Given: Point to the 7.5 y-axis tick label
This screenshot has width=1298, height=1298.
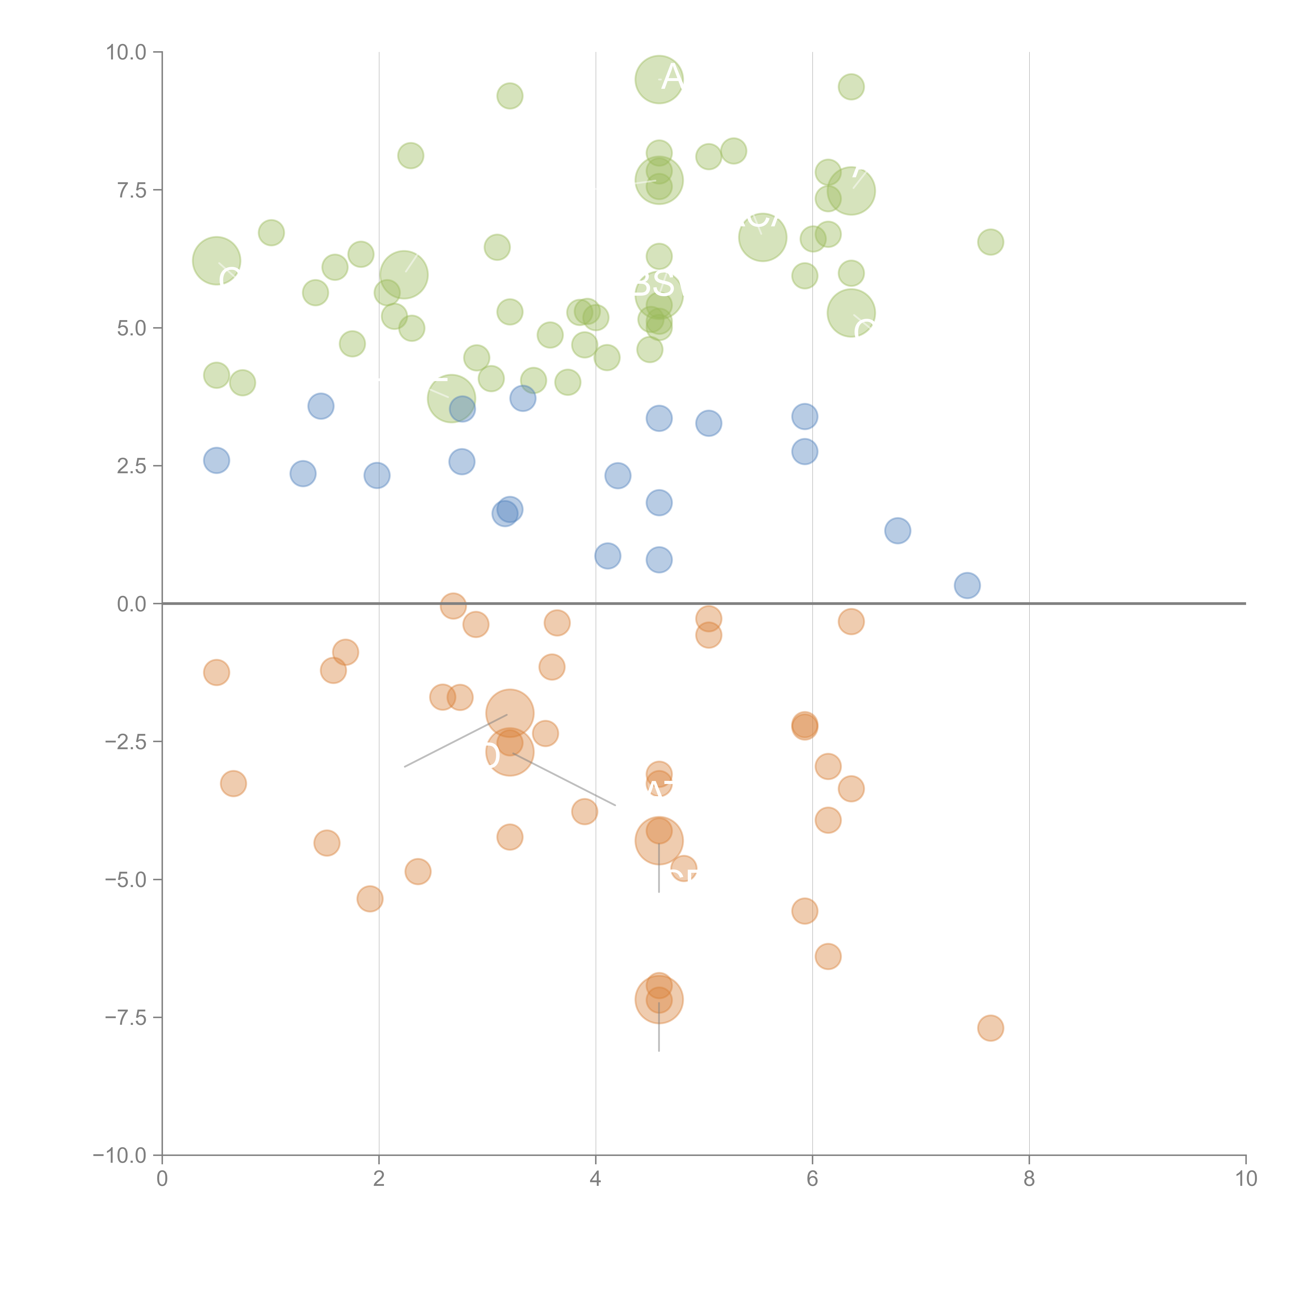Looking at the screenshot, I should [x=132, y=190].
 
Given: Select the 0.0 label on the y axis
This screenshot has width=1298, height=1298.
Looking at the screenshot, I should [x=132, y=604].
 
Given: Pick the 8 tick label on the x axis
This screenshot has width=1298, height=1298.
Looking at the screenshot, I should [x=1029, y=1178].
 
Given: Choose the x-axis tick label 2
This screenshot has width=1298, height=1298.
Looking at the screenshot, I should [x=379, y=1178].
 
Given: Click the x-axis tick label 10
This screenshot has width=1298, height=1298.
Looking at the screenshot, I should [x=1246, y=1178].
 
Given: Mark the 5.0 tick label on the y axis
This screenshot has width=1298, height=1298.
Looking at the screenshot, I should [x=132, y=329].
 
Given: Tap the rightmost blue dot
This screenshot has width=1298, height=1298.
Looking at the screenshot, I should [x=967, y=585].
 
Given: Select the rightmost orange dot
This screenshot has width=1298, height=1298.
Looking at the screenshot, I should [x=990, y=1028].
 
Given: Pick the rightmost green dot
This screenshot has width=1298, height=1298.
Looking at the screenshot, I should [x=990, y=242].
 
